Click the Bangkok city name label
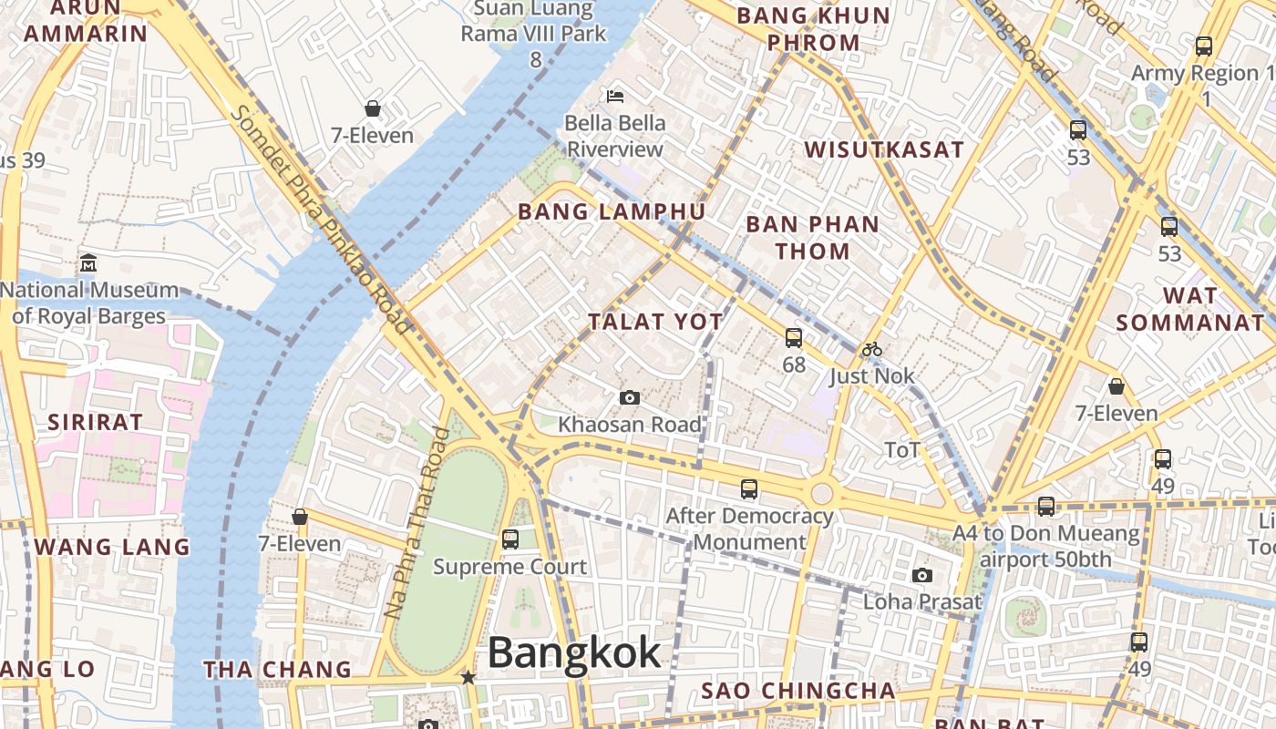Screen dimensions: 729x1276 pyautogui.click(x=574, y=652)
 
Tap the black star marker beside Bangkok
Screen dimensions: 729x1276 pyautogui.click(x=468, y=677)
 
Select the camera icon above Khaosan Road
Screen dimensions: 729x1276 pyautogui.click(x=629, y=398)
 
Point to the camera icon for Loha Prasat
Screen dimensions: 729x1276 pyautogui.click(x=922, y=575)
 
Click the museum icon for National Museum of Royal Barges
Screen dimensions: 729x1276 pyautogui.click(x=88, y=263)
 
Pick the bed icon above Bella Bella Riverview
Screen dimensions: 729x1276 pyautogui.click(x=615, y=96)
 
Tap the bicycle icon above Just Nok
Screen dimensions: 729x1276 pyautogui.click(x=872, y=349)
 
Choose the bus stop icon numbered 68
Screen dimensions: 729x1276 pyautogui.click(x=794, y=338)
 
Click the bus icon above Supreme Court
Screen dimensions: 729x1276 pyautogui.click(x=510, y=539)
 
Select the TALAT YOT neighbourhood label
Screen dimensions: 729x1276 pyautogui.click(x=655, y=322)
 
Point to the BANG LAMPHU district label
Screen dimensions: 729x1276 pyautogui.click(x=612, y=212)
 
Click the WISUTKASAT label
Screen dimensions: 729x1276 pyautogui.click(x=884, y=150)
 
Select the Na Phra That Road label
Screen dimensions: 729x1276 pyautogui.click(x=417, y=523)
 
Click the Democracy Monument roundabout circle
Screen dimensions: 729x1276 pyautogui.click(x=821, y=493)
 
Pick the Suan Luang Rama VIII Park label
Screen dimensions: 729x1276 pyautogui.click(x=534, y=23)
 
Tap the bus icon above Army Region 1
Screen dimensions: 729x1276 pyautogui.click(x=1204, y=46)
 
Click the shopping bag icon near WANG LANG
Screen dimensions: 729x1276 pyautogui.click(x=300, y=518)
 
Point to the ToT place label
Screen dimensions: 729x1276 pyautogui.click(x=902, y=449)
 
